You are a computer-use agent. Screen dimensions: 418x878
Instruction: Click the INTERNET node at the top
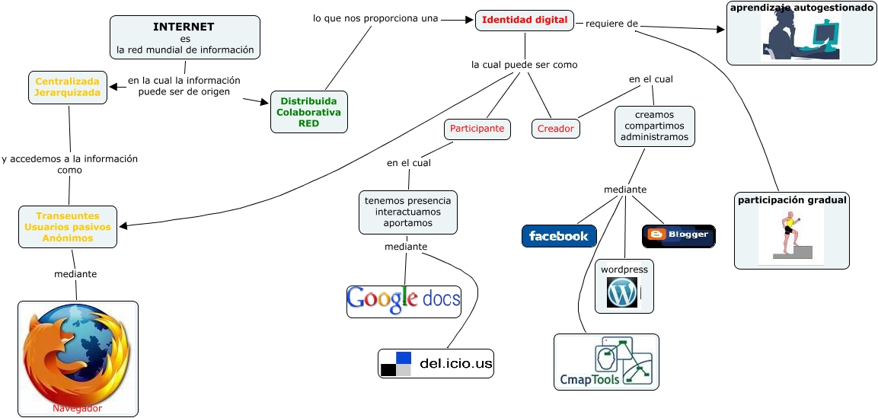pyautogui.click(x=184, y=38)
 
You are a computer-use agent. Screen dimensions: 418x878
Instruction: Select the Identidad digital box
pyautogui.click(x=525, y=21)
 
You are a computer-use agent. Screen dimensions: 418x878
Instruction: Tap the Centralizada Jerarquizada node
pyautogui.click(x=67, y=87)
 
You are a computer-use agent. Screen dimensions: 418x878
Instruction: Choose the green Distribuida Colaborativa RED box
pyautogui.click(x=309, y=112)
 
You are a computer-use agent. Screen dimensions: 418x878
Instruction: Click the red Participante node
pyautogui.click(x=477, y=129)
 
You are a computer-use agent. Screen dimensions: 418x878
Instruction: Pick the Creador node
pyautogui.click(x=555, y=129)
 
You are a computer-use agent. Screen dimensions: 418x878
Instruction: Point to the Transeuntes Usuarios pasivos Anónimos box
pyautogui.click(x=68, y=227)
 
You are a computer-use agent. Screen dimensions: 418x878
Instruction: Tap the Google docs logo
pyautogui.click(x=404, y=299)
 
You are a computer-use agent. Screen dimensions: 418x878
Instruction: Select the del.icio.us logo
pyautogui.click(x=437, y=364)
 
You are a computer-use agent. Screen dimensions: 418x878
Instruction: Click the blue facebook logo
pyautogui.click(x=559, y=236)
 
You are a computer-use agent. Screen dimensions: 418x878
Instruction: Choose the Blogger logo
pyautogui.click(x=678, y=235)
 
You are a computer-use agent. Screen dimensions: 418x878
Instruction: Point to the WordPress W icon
pyautogui.click(x=622, y=292)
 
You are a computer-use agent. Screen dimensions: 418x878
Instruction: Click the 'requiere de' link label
pyautogui.click(x=611, y=24)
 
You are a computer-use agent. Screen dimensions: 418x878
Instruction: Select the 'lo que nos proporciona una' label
pyautogui.click(x=375, y=18)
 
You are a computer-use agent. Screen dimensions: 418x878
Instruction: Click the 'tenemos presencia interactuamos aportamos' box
pyautogui.click(x=408, y=212)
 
